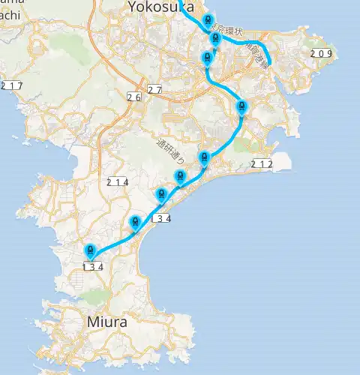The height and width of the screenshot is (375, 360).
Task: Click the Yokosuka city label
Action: tap(160, 7)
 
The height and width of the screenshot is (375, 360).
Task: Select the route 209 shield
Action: tap(322, 53)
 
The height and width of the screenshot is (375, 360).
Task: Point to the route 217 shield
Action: tap(12, 85)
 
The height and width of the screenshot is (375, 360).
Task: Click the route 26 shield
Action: tap(134, 97)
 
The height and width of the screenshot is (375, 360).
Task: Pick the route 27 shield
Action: tap(154, 90)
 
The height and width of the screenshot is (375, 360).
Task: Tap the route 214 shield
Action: tap(118, 182)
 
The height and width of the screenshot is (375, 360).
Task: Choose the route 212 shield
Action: tap(262, 163)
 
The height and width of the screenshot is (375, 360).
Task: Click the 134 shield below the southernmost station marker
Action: tap(92, 265)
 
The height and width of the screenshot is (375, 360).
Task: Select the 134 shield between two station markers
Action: tap(161, 219)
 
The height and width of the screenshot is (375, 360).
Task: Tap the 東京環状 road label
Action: tap(226, 31)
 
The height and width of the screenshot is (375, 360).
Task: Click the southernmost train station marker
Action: tap(90, 250)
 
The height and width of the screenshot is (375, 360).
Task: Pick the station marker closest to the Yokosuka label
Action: tap(208, 21)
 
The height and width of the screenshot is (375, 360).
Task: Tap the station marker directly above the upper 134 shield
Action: tap(160, 194)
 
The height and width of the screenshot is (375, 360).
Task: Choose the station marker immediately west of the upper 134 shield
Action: tap(135, 221)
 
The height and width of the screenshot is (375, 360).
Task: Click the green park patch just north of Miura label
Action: tap(93, 298)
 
